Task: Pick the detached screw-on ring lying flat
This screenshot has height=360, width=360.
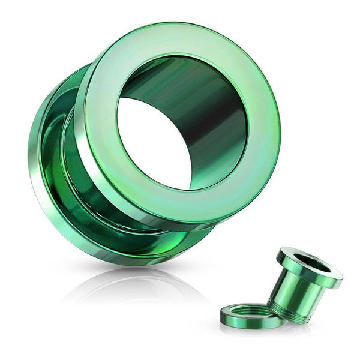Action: pos(249,315)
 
